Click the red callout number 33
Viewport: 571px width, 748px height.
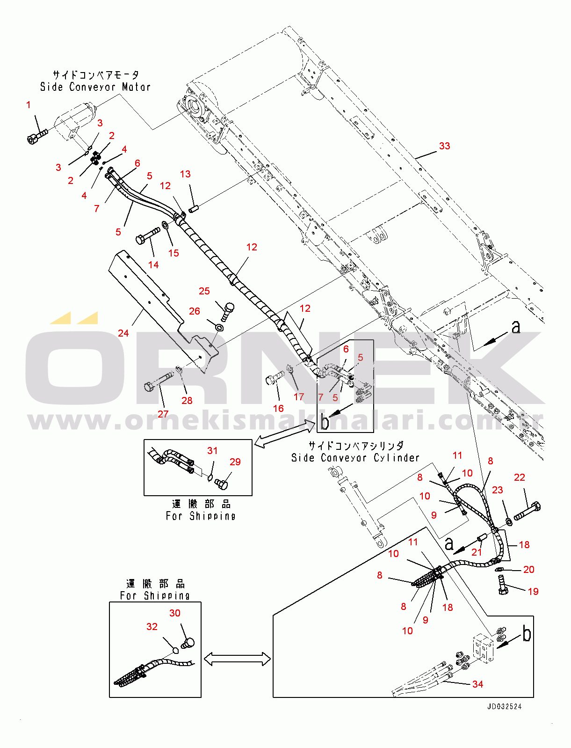click(444, 146)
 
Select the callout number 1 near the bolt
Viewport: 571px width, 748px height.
click(29, 105)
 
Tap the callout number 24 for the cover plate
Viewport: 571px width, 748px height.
click(123, 333)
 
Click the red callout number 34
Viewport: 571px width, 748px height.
click(477, 684)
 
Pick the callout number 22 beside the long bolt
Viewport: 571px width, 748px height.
click(520, 477)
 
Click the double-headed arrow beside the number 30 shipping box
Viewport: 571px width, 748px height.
click(237, 659)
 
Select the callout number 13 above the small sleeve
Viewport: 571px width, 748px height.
click(185, 174)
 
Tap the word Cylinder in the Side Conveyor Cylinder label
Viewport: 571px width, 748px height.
click(397, 458)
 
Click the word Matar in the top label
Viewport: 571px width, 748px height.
click(136, 87)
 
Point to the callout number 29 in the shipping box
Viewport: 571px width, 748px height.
click(235, 462)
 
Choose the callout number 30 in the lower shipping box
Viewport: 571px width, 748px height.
click(175, 613)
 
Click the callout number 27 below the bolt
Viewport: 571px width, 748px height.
click(163, 414)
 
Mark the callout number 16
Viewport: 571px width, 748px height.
click(278, 409)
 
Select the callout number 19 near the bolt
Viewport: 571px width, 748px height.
click(533, 592)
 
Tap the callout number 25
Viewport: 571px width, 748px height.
click(204, 291)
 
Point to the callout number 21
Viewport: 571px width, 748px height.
click(477, 552)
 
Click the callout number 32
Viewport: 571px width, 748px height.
click(152, 627)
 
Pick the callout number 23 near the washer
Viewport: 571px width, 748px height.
click(497, 490)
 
